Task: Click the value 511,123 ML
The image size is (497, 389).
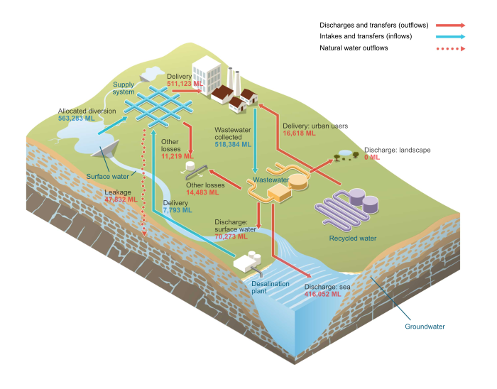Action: [185, 84]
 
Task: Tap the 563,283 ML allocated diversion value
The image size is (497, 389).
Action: [76, 119]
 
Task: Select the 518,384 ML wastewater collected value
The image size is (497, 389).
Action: [233, 144]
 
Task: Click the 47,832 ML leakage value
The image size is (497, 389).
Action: [121, 199]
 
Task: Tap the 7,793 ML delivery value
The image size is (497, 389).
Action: [176, 210]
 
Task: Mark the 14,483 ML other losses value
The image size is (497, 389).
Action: [205, 192]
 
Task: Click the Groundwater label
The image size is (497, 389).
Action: [425, 327]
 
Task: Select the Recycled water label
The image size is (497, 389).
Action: [353, 239]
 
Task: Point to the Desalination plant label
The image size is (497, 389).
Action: [271, 287]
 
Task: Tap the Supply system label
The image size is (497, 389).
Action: [124, 88]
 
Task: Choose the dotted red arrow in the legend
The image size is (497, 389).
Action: [450, 48]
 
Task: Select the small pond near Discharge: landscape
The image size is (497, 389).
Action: [345, 153]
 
